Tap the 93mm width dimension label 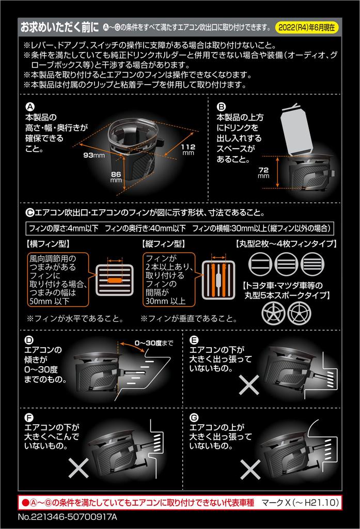93,154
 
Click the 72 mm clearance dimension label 264,172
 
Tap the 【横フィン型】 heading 48,242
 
